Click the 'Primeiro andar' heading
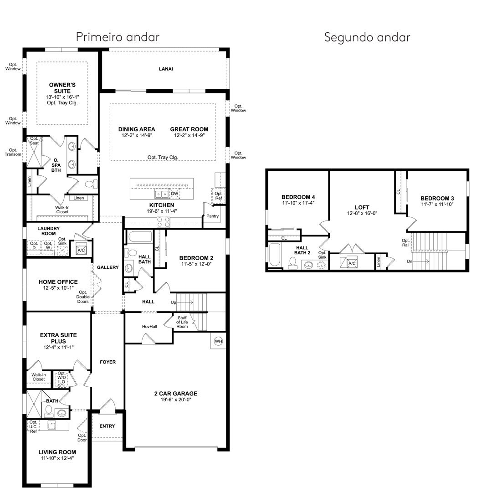(118, 37)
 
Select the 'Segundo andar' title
(367, 37)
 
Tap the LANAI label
(166, 69)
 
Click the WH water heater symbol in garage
(218, 341)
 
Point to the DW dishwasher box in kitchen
(174, 194)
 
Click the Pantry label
(212, 216)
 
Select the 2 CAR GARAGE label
(176, 394)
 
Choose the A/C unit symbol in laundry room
(81, 250)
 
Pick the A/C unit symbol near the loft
(352, 263)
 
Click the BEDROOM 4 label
(298, 197)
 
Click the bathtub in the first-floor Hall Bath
(140, 236)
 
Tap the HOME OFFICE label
(58, 282)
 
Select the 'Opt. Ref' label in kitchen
(218, 196)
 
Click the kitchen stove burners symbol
(163, 222)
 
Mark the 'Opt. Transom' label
(13, 152)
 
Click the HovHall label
(149, 326)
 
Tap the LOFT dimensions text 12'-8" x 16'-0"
(362, 213)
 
